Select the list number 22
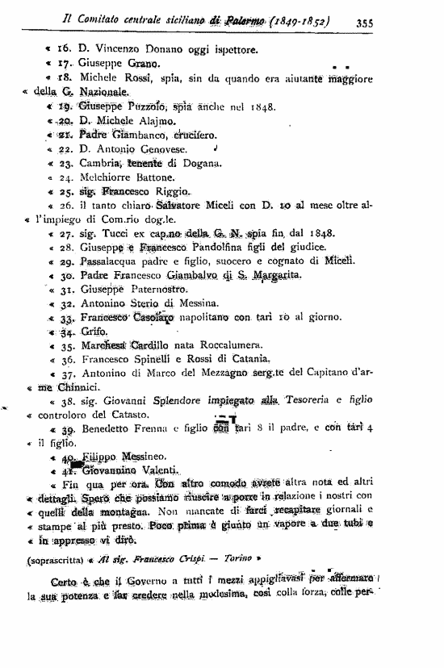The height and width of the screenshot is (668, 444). click(x=66, y=149)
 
